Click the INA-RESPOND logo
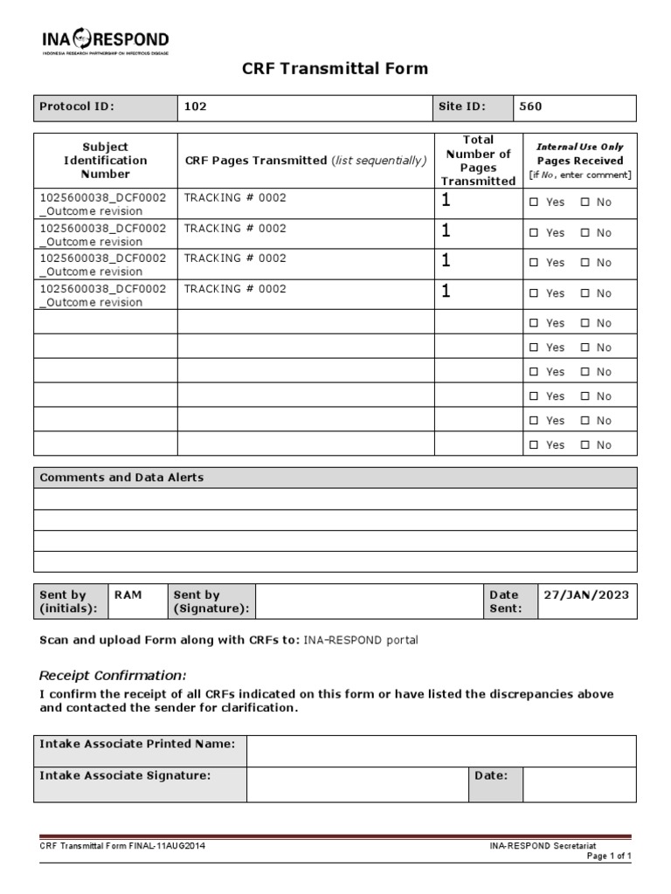[x=105, y=40]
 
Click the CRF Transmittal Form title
[x=335, y=69]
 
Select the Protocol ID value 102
[x=195, y=107]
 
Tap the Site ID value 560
[x=530, y=107]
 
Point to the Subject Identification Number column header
[x=105, y=161]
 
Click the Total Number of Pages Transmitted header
[x=478, y=161]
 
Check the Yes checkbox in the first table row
[x=535, y=203]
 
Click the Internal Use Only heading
[x=579, y=147]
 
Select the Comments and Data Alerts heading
[x=121, y=478]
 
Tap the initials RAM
[x=128, y=595]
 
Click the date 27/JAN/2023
[x=585, y=595]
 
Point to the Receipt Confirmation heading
[x=113, y=675]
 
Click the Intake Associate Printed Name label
[x=137, y=744]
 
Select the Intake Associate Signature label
[x=125, y=775]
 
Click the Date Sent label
[x=504, y=602]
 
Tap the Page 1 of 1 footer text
[x=608, y=856]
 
